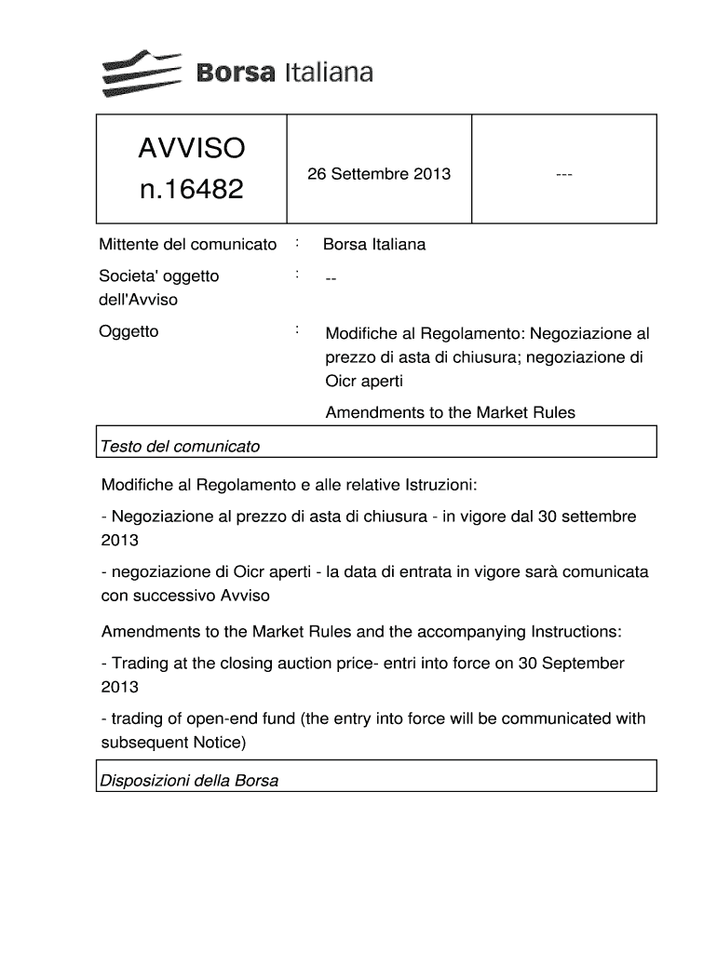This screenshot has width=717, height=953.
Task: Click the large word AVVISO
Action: pyautogui.click(x=191, y=148)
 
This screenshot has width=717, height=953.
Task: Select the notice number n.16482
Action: pyautogui.click(x=191, y=190)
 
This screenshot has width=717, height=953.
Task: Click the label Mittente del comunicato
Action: pyautogui.click(x=188, y=245)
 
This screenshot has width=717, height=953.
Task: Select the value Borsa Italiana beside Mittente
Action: pyautogui.click(x=374, y=245)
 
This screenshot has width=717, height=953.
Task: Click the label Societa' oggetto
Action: pyautogui.click(x=159, y=276)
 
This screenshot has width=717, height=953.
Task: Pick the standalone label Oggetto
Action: pyautogui.click(x=129, y=331)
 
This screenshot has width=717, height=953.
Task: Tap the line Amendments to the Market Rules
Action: pyautogui.click(x=450, y=412)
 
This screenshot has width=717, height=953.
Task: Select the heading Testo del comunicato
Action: pyautogui.click(x=180, y=447)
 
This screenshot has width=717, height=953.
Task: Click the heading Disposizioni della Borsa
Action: pyautogui.click(x=189, y=781)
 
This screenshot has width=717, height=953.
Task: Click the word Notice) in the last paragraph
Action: pyautogui.click(x=219, y=743)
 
